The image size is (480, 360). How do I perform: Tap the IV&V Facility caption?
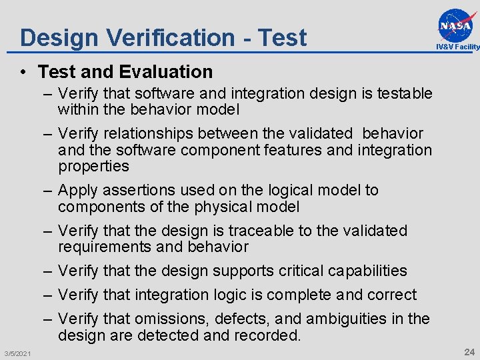(x=457, y=47)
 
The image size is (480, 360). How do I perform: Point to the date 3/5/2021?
(x=16, y=353)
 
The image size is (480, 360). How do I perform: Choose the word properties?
(x=93, y=166)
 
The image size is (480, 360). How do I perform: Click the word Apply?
(x=79, y=191)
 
